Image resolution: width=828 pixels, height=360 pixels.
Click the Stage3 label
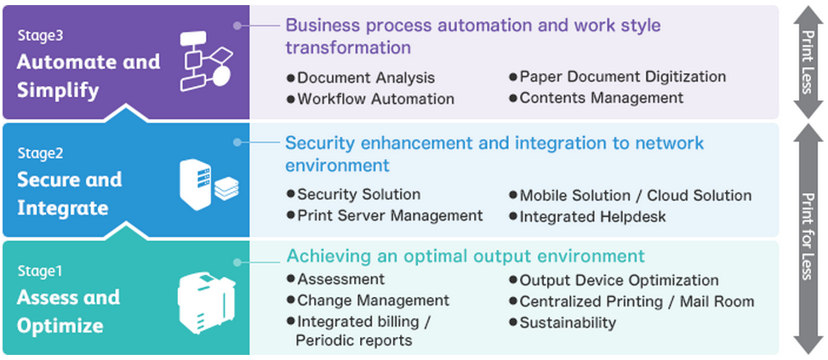pos(40,36)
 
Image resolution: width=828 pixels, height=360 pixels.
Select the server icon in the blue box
pos(208,184)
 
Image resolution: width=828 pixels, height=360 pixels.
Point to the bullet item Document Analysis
pos(361,77)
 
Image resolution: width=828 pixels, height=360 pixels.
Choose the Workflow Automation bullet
pos(370,99)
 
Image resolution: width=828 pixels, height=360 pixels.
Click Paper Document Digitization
pos(617,77)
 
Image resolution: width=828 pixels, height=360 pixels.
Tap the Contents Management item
pos(597,98)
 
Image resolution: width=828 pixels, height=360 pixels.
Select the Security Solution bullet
pos(353,194)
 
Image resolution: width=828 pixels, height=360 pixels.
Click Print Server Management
pos(385,215)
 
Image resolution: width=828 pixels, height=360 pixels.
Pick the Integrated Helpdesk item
pos(587,216)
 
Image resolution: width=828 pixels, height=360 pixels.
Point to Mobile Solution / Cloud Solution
pos(630,195)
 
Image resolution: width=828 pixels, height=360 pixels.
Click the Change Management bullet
pos(368,300)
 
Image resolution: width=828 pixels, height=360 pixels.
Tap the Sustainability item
pos(562,322)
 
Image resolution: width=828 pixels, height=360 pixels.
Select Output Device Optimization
pos(614,280)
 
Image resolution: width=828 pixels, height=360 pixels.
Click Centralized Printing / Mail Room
pos(631,301)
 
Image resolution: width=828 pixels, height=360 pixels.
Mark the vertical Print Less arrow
pos(808,62)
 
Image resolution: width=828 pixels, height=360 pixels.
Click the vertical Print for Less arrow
pos(808,238)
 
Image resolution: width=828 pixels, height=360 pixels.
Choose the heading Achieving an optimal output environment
pos(465,256)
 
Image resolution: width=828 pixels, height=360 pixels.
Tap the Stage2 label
pos(40,153)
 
